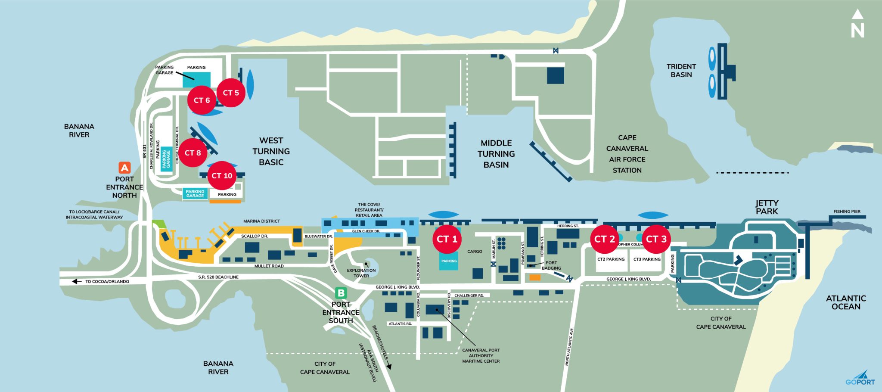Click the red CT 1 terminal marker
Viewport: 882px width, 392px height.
point(447,239)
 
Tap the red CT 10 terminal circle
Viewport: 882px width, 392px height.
point(222,176)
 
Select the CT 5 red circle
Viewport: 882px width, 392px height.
point(231,93)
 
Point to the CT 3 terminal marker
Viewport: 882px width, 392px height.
point(656,239)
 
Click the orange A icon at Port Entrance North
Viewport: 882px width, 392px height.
point(124,168)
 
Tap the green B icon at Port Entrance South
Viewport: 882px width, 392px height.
point(341,293)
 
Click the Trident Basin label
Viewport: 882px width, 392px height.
point(681,71)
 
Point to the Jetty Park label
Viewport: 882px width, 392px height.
point(767,207)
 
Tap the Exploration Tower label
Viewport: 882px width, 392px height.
point(361,273)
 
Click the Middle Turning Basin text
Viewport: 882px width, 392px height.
point(496,154)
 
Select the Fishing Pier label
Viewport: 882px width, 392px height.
point(846,212)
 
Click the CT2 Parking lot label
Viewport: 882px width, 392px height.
point(611,259)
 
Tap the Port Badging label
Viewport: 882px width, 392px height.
point(551,265)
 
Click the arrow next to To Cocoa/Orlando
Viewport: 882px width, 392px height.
point(77,281)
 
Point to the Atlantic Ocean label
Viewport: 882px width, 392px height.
point(845,302)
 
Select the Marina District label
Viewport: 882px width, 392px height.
point(261,221)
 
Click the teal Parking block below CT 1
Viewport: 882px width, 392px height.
point(449,261)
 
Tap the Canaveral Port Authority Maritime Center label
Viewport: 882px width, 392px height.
point(481,356)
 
